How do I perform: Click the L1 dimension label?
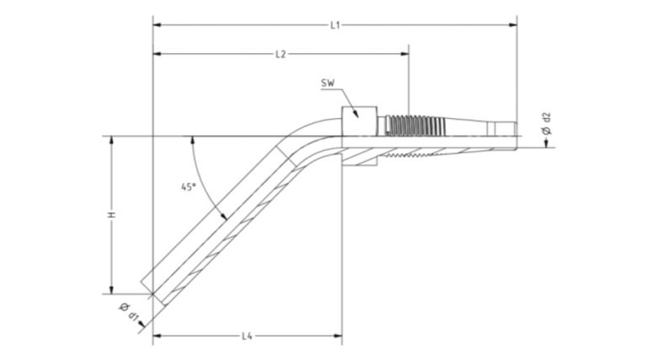coord(334,25)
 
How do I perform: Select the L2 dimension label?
coord(281,55)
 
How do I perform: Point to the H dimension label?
coord(111,216)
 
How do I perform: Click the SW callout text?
coord(329,83)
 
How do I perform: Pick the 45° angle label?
coord(189,187)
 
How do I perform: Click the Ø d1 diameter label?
coord(131,313)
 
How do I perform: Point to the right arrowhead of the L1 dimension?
coord(515,25)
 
